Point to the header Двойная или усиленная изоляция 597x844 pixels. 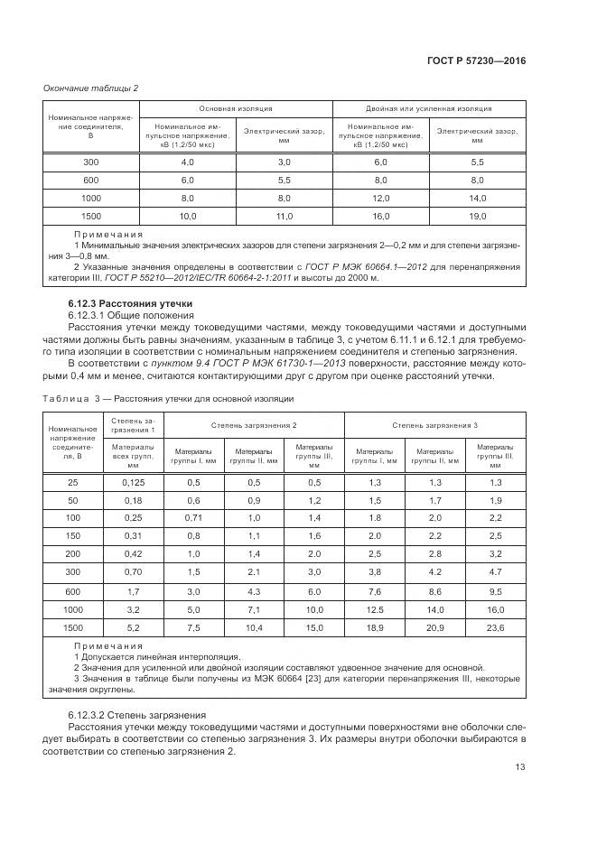point(428,108)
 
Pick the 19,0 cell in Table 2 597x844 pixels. point(478,216)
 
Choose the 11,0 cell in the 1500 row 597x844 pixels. point(284,216)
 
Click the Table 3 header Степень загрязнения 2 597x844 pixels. point(254,424)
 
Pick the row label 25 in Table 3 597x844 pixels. point(73,483)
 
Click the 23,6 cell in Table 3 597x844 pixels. point(495,626)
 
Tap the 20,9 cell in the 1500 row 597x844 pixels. point(434,626)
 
